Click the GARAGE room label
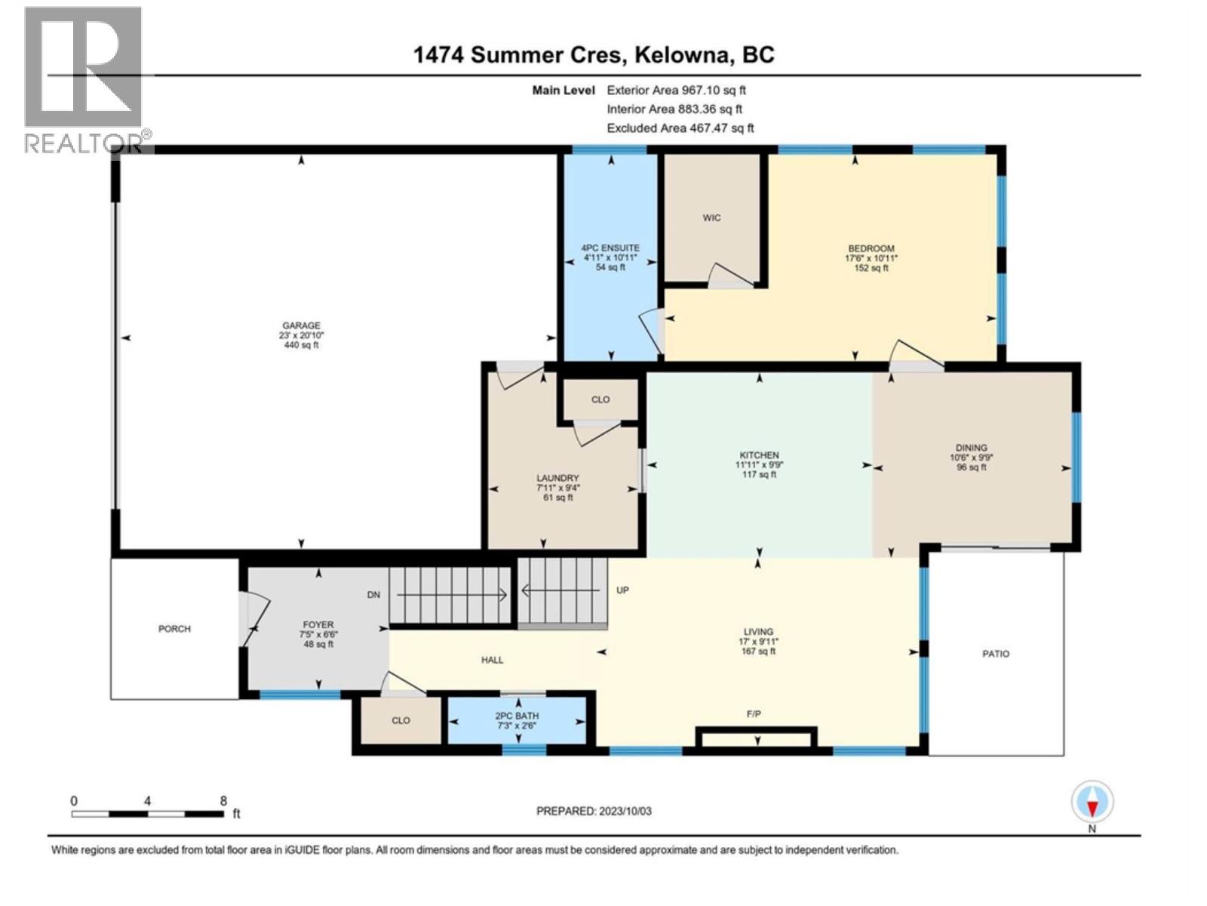coord(301,326)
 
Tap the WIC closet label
coord(711,217)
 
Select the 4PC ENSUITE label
coord(610,248)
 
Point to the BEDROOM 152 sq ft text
coord(871,267)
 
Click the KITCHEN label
coord(759,455)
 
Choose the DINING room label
coord(971,448)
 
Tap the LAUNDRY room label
coord(557,478)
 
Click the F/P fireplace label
coord(753,713)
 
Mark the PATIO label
coord(995,654)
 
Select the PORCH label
coord(174,628)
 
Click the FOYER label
coord(318,625)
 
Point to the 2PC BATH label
coord(517,716)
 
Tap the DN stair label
coord(373,595)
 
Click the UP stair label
coord(622,590)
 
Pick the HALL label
coord(492,660)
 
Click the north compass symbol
coord(1092,802)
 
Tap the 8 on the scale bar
coord(223,801)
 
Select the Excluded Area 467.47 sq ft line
coord(680,128)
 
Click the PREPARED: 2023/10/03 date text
coord(594,811)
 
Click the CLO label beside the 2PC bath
coord(401,720)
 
